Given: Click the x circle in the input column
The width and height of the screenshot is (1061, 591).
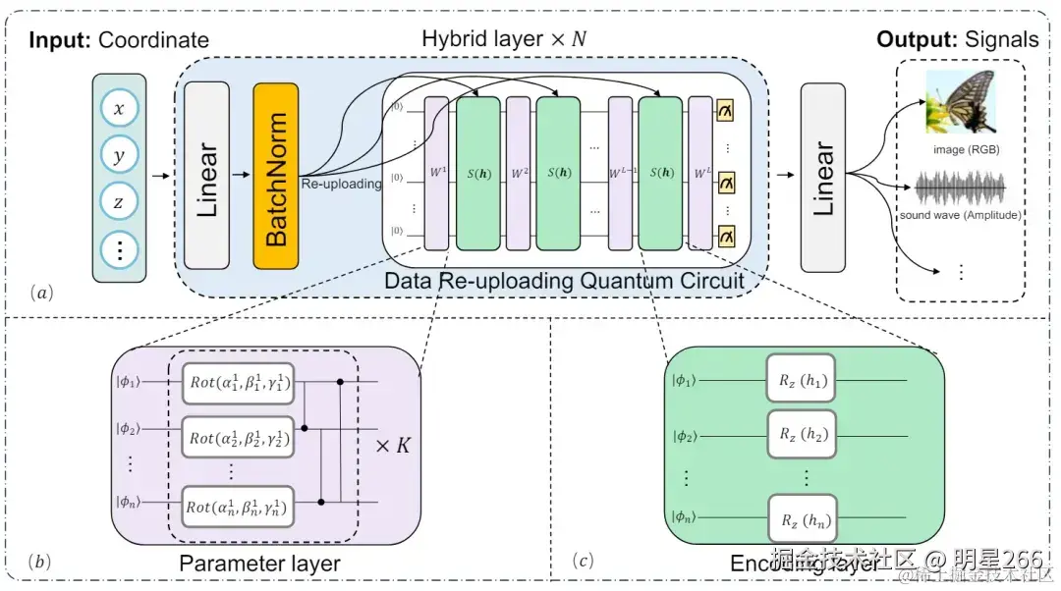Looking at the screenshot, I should click(x=119, y=109).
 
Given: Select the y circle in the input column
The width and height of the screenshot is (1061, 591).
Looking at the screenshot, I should click(x=119, y=156).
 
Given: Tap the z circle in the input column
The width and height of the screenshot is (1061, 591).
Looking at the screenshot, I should click(x=119, y=202).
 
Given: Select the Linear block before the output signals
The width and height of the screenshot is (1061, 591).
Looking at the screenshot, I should click(x=822, y=177).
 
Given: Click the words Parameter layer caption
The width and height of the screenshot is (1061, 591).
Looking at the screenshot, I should click(x=259, y=563).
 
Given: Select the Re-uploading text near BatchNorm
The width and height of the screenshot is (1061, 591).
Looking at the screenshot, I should click(x=341, y=184).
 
